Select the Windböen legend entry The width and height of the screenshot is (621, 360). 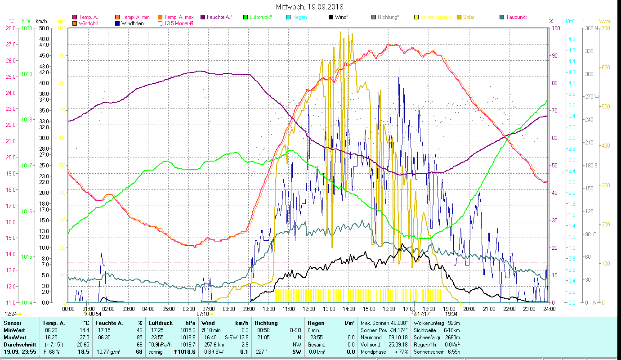[132, 23]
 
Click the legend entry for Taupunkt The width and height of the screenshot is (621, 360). [516, 17]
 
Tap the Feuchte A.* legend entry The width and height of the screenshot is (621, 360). [219, 17]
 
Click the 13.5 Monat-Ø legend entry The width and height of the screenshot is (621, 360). [179, 23]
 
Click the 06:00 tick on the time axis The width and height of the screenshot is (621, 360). [188, 309]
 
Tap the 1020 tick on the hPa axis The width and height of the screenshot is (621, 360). [27, 28]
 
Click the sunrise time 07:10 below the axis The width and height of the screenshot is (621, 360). [203, 314]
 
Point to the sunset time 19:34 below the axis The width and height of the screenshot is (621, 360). [451, 314]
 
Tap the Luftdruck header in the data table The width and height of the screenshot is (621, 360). [161, 323]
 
